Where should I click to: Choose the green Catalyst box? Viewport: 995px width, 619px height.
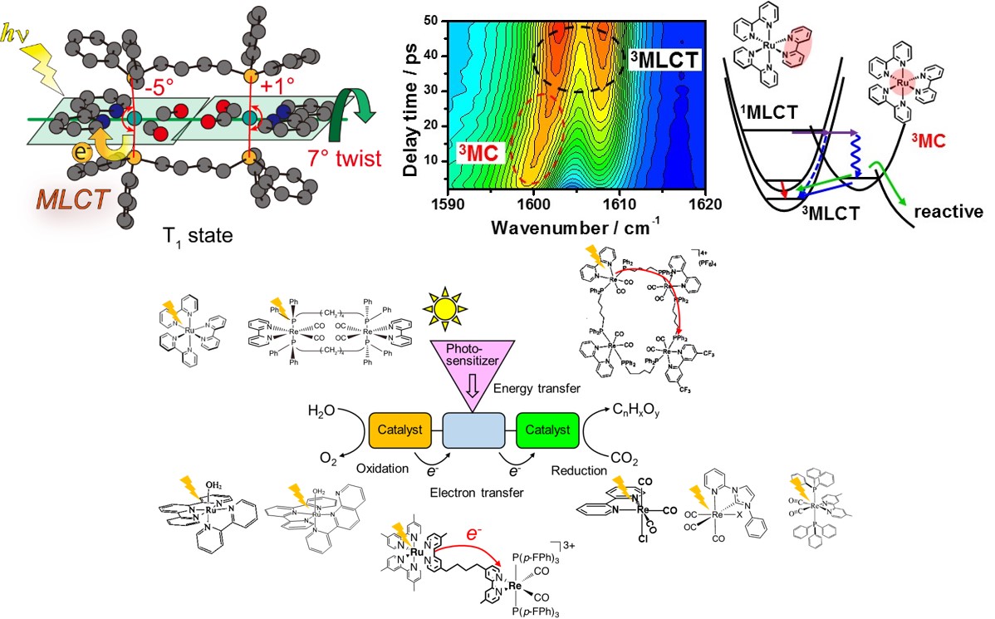point(546,430)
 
